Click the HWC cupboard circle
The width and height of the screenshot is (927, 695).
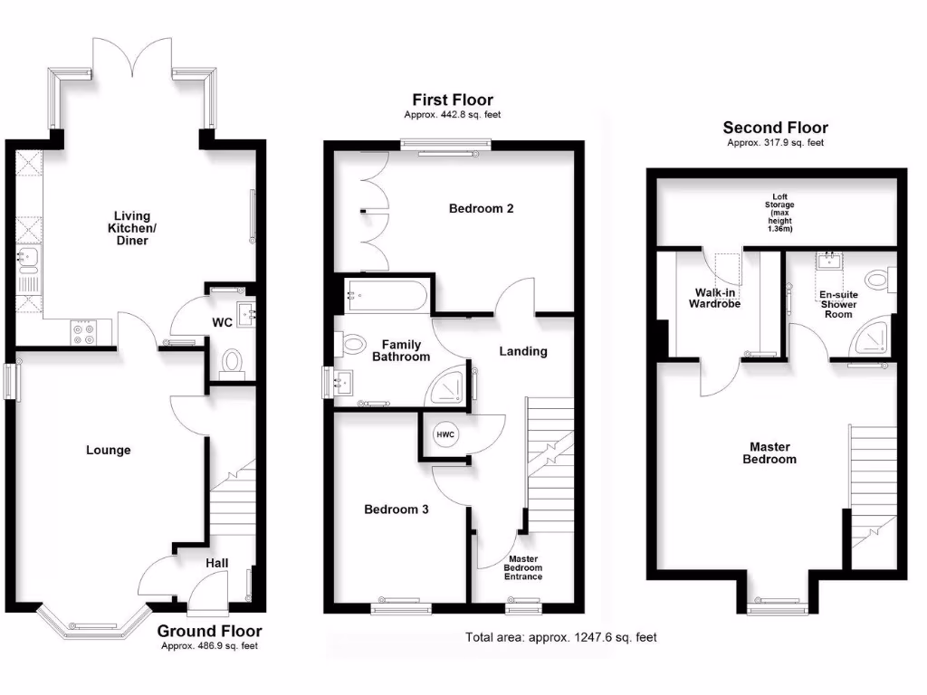point(445,435)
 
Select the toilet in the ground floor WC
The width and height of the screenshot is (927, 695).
point(233,362)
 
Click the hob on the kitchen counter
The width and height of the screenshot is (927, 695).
point(84,332)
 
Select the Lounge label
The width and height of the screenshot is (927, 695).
point(109,450)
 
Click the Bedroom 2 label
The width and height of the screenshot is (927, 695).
point(482,209)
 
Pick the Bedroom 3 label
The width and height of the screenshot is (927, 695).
point(397,509)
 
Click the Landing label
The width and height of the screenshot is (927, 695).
point(523,351)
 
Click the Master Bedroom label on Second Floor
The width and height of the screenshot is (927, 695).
point(769,452)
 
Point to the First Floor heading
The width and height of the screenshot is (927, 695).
point(453,100)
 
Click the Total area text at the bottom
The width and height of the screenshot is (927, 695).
point(561,637)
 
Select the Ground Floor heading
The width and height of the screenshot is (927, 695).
point(210,631)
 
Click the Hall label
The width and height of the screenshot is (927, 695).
point(216,563)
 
